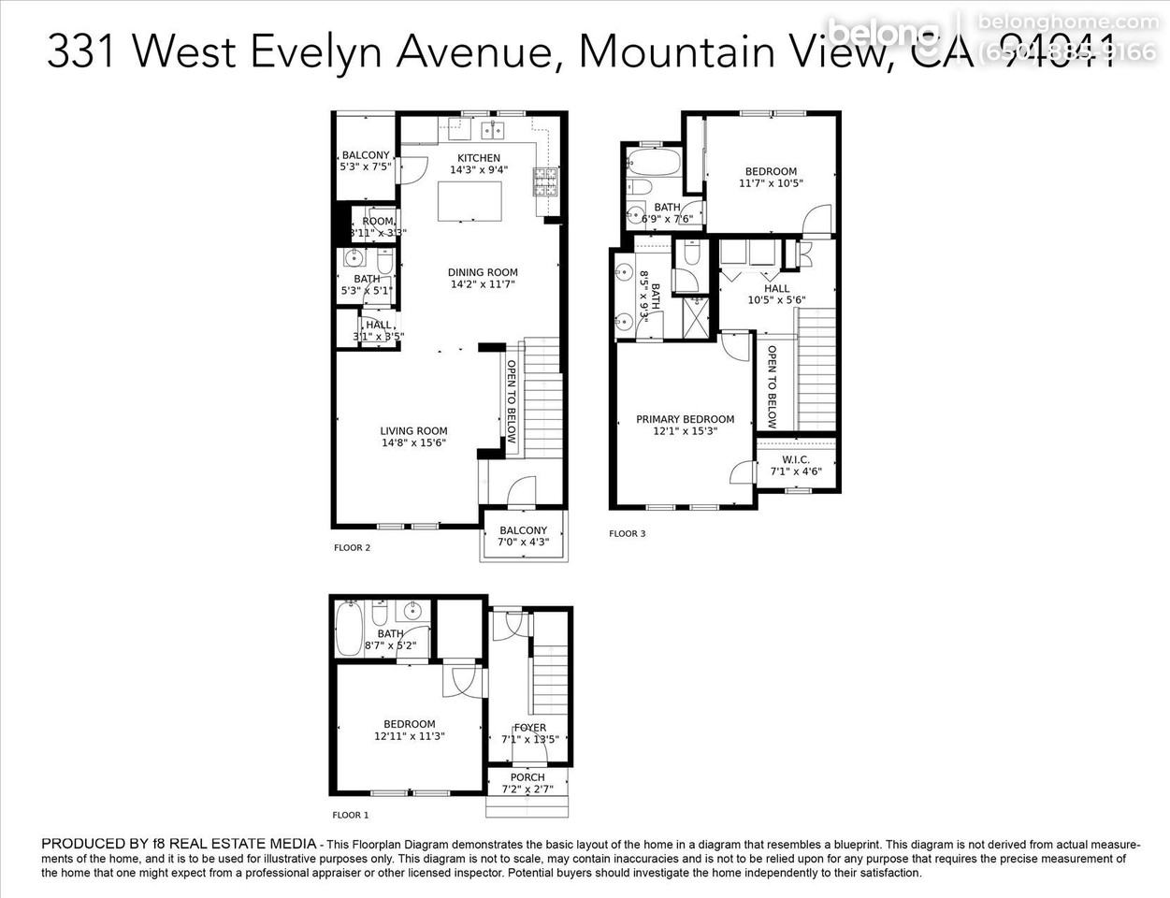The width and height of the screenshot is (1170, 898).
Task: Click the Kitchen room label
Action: click(x=478, y=158)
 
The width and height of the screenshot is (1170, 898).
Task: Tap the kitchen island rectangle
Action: click(x=469, y=200)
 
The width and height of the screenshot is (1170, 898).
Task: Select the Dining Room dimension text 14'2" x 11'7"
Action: click(x=483, y=284)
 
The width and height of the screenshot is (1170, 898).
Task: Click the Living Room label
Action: click(x=413, y=431)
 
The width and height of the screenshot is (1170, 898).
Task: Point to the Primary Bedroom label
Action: click(x=685, y=419)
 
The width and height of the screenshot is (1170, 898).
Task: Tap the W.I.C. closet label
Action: click(x=796, y=459)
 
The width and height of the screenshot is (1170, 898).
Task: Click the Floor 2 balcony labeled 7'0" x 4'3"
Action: click(x=523, y=530)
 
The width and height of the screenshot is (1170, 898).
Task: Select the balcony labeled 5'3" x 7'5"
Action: click(x=365, y=155)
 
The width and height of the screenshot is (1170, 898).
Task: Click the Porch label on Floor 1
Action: click(x=527, y=777)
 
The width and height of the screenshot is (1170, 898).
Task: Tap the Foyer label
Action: click(x=529, y=728)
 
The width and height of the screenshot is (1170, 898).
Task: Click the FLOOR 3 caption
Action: click(x=627, y=534)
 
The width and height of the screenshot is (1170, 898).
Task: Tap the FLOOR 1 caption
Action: click(x=351, y=816)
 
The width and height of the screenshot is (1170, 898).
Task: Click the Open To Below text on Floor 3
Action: click(x=772, y=386)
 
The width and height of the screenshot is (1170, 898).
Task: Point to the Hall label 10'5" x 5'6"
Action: click(x=776, y=289)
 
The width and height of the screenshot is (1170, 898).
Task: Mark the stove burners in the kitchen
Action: click(x=544, y=181)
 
